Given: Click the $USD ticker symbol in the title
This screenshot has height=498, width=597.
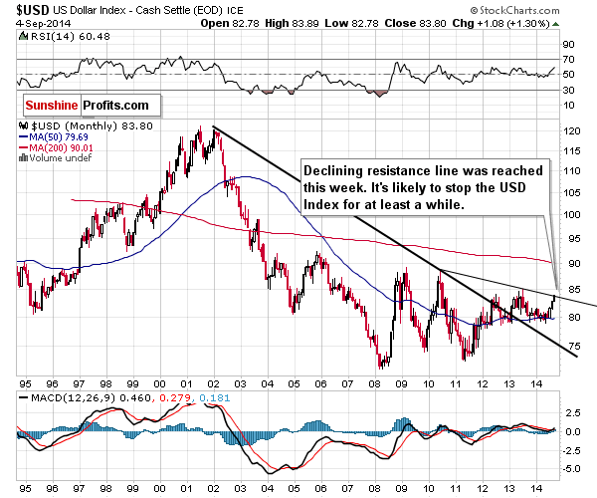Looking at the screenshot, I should (x=21, y=9).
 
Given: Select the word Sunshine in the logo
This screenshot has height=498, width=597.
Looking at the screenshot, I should (x=56, y=104).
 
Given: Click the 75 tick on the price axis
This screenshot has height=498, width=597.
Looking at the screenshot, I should (x=570, y=350).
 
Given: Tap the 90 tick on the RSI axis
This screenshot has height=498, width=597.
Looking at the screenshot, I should (x=569, y=45).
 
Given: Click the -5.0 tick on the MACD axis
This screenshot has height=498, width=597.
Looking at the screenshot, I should (x=572, y=468).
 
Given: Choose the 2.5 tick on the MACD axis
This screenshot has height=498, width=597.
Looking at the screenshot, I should (x=571, y=410).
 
